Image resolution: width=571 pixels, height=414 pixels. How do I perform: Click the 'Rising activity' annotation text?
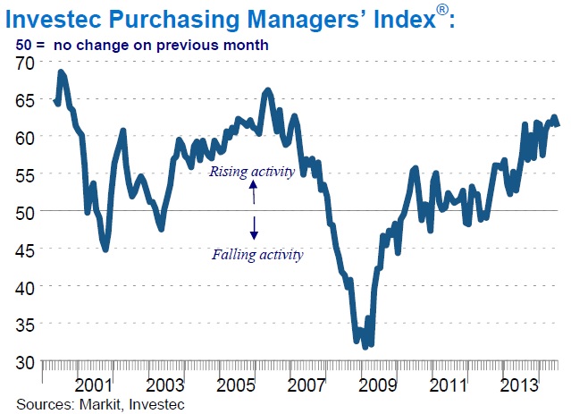point(250,172)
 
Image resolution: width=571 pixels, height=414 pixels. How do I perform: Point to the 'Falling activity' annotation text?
point(257,254)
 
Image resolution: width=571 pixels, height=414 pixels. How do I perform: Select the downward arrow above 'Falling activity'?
point(254,231)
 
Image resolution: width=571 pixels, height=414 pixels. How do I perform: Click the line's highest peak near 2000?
point(61,72)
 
